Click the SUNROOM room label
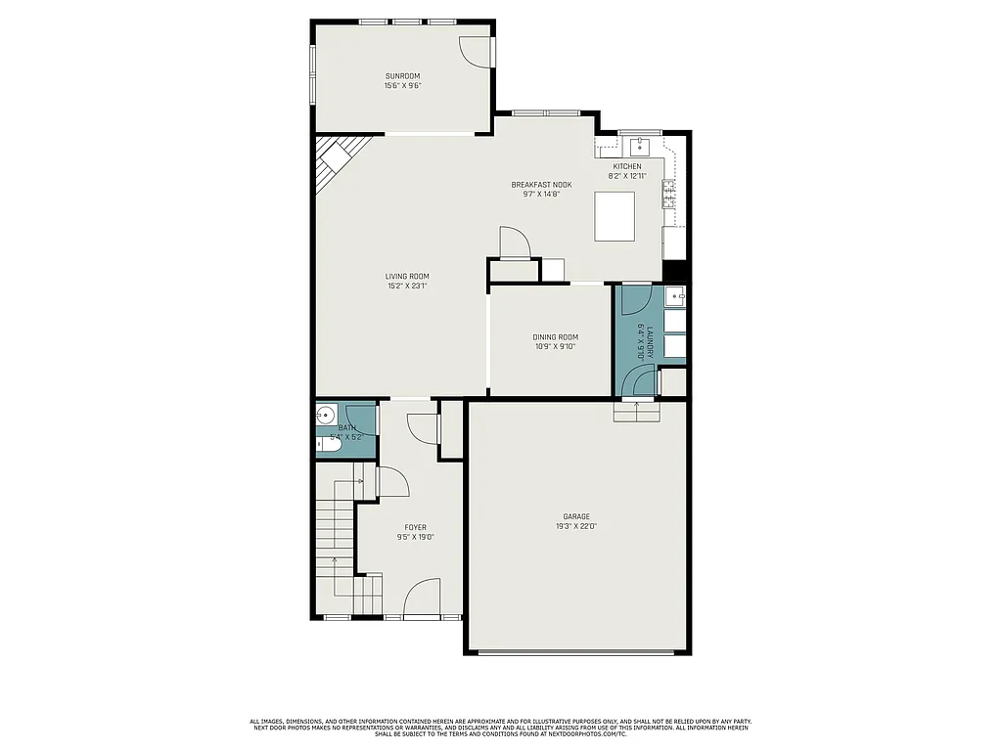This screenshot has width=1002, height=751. click(402, 75)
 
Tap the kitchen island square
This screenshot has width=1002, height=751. click(615, 215)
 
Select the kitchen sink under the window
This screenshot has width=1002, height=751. click(640, 147)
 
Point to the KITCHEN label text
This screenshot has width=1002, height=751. click(627, 166)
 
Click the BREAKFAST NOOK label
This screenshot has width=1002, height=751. click(541, 184)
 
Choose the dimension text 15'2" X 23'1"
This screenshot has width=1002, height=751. click(406, 287)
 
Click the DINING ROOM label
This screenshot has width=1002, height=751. click(555, 337)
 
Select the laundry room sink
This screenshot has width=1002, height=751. click(676, 296)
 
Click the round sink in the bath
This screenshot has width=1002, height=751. click(326, 415)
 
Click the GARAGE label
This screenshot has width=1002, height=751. click(575, 516)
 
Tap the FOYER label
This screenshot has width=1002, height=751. click(415, 527)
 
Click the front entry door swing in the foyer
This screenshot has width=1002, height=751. click(423, 598)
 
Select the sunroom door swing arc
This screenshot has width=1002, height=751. click(476, 53)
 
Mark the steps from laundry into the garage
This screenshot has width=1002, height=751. click(637, 413)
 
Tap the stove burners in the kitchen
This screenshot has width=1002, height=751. click(669, 194)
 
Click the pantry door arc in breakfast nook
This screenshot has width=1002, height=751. click(515, 243)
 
